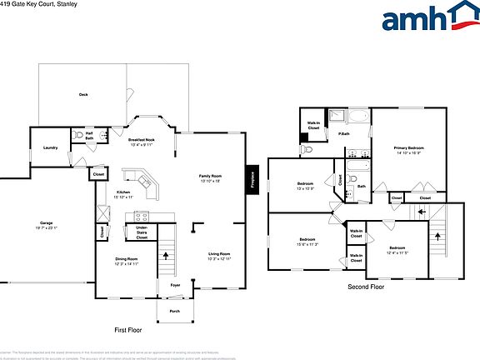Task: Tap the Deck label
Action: point(83,95)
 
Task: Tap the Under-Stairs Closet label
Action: point(142,233)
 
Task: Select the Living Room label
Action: point(219,256)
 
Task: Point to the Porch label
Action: point(175,312)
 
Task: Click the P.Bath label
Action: point(342,134)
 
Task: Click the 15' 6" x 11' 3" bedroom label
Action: point(306,242)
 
